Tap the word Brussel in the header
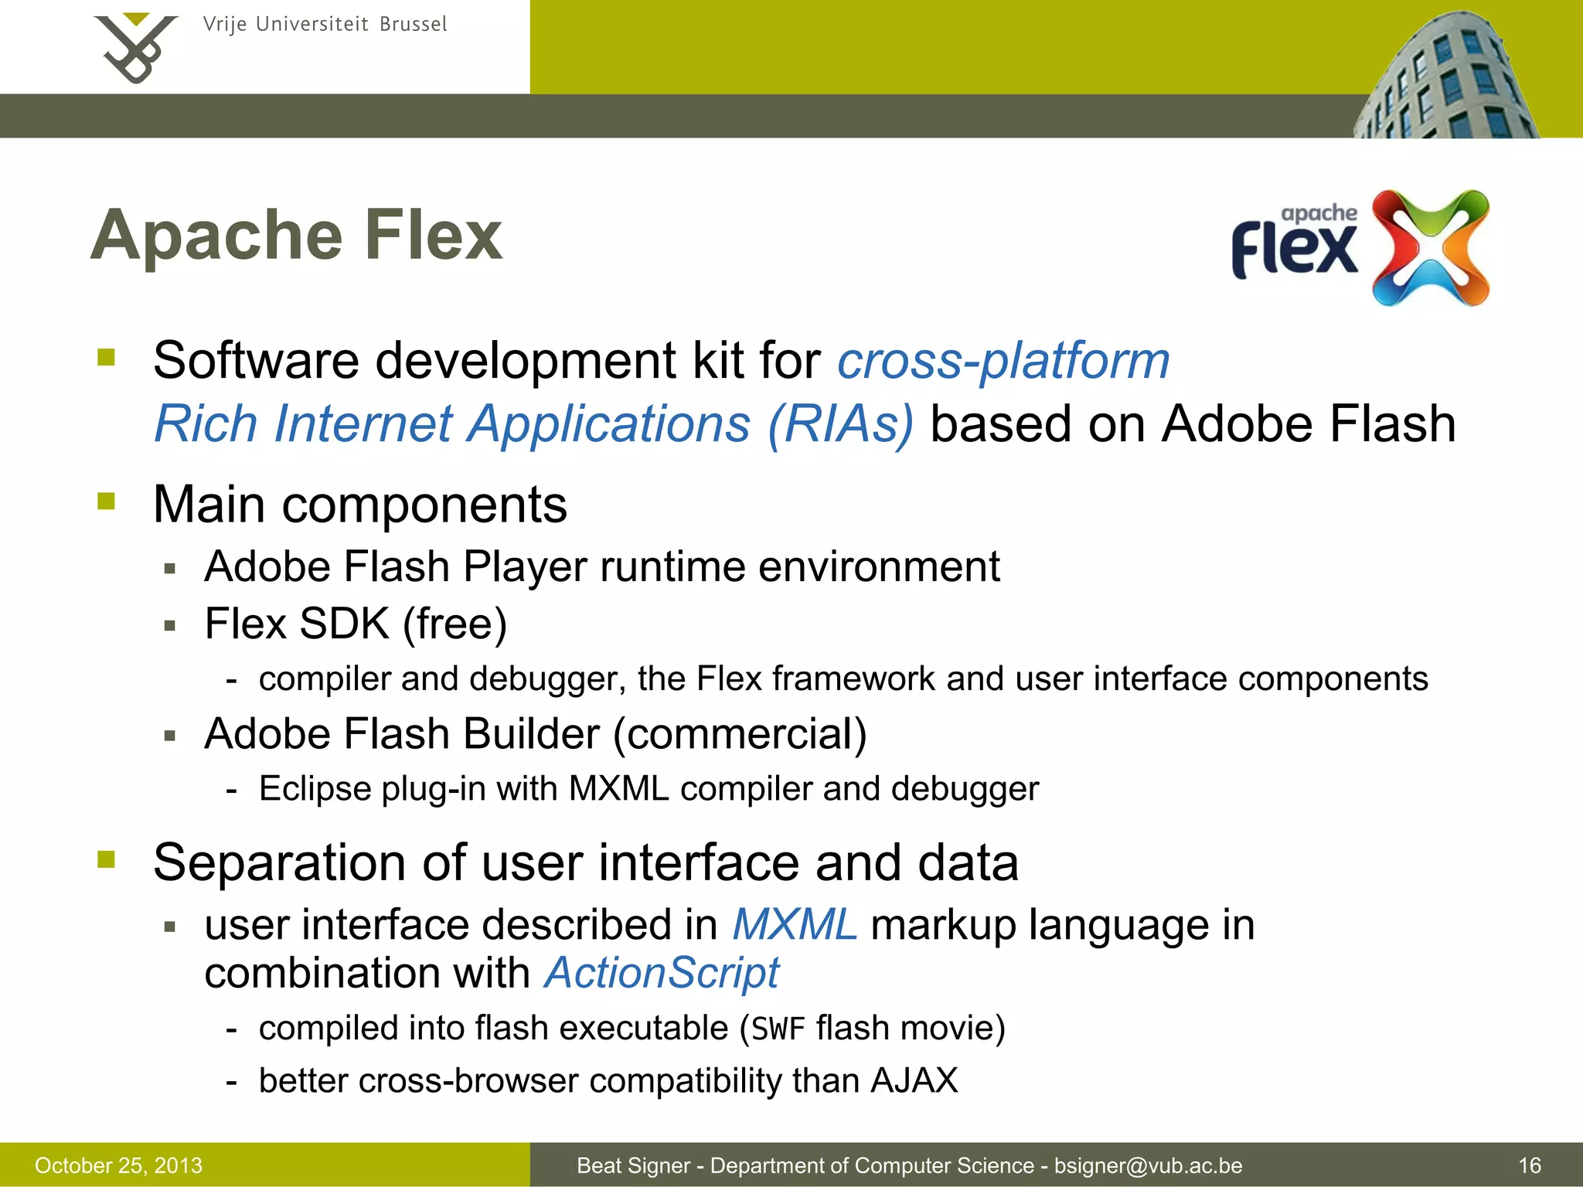(x=413, y=25)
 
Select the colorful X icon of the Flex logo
(x=1430, y=247)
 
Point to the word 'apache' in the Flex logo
(x=1319, y=213)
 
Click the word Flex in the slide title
(x=433, y=236)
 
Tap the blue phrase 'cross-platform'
(x=1003, y=361)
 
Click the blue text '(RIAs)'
(x=840, y=424)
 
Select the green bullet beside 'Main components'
(x=107, y=502)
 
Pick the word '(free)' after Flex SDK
(x=454, y=624)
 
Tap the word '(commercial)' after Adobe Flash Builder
(x=740, y=733)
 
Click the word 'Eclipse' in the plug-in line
(x=315, y=789)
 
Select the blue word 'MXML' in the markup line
(x=795, y=924)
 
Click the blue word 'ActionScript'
(x=662, y=972)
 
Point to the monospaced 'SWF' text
(x=778, y=1029)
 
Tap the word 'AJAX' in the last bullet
(x=914, y=1080)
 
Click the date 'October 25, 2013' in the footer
(x=118, y=1165)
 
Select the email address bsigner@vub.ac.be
(x=1148, y=1165)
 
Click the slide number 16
(x=1530, y=1165)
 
